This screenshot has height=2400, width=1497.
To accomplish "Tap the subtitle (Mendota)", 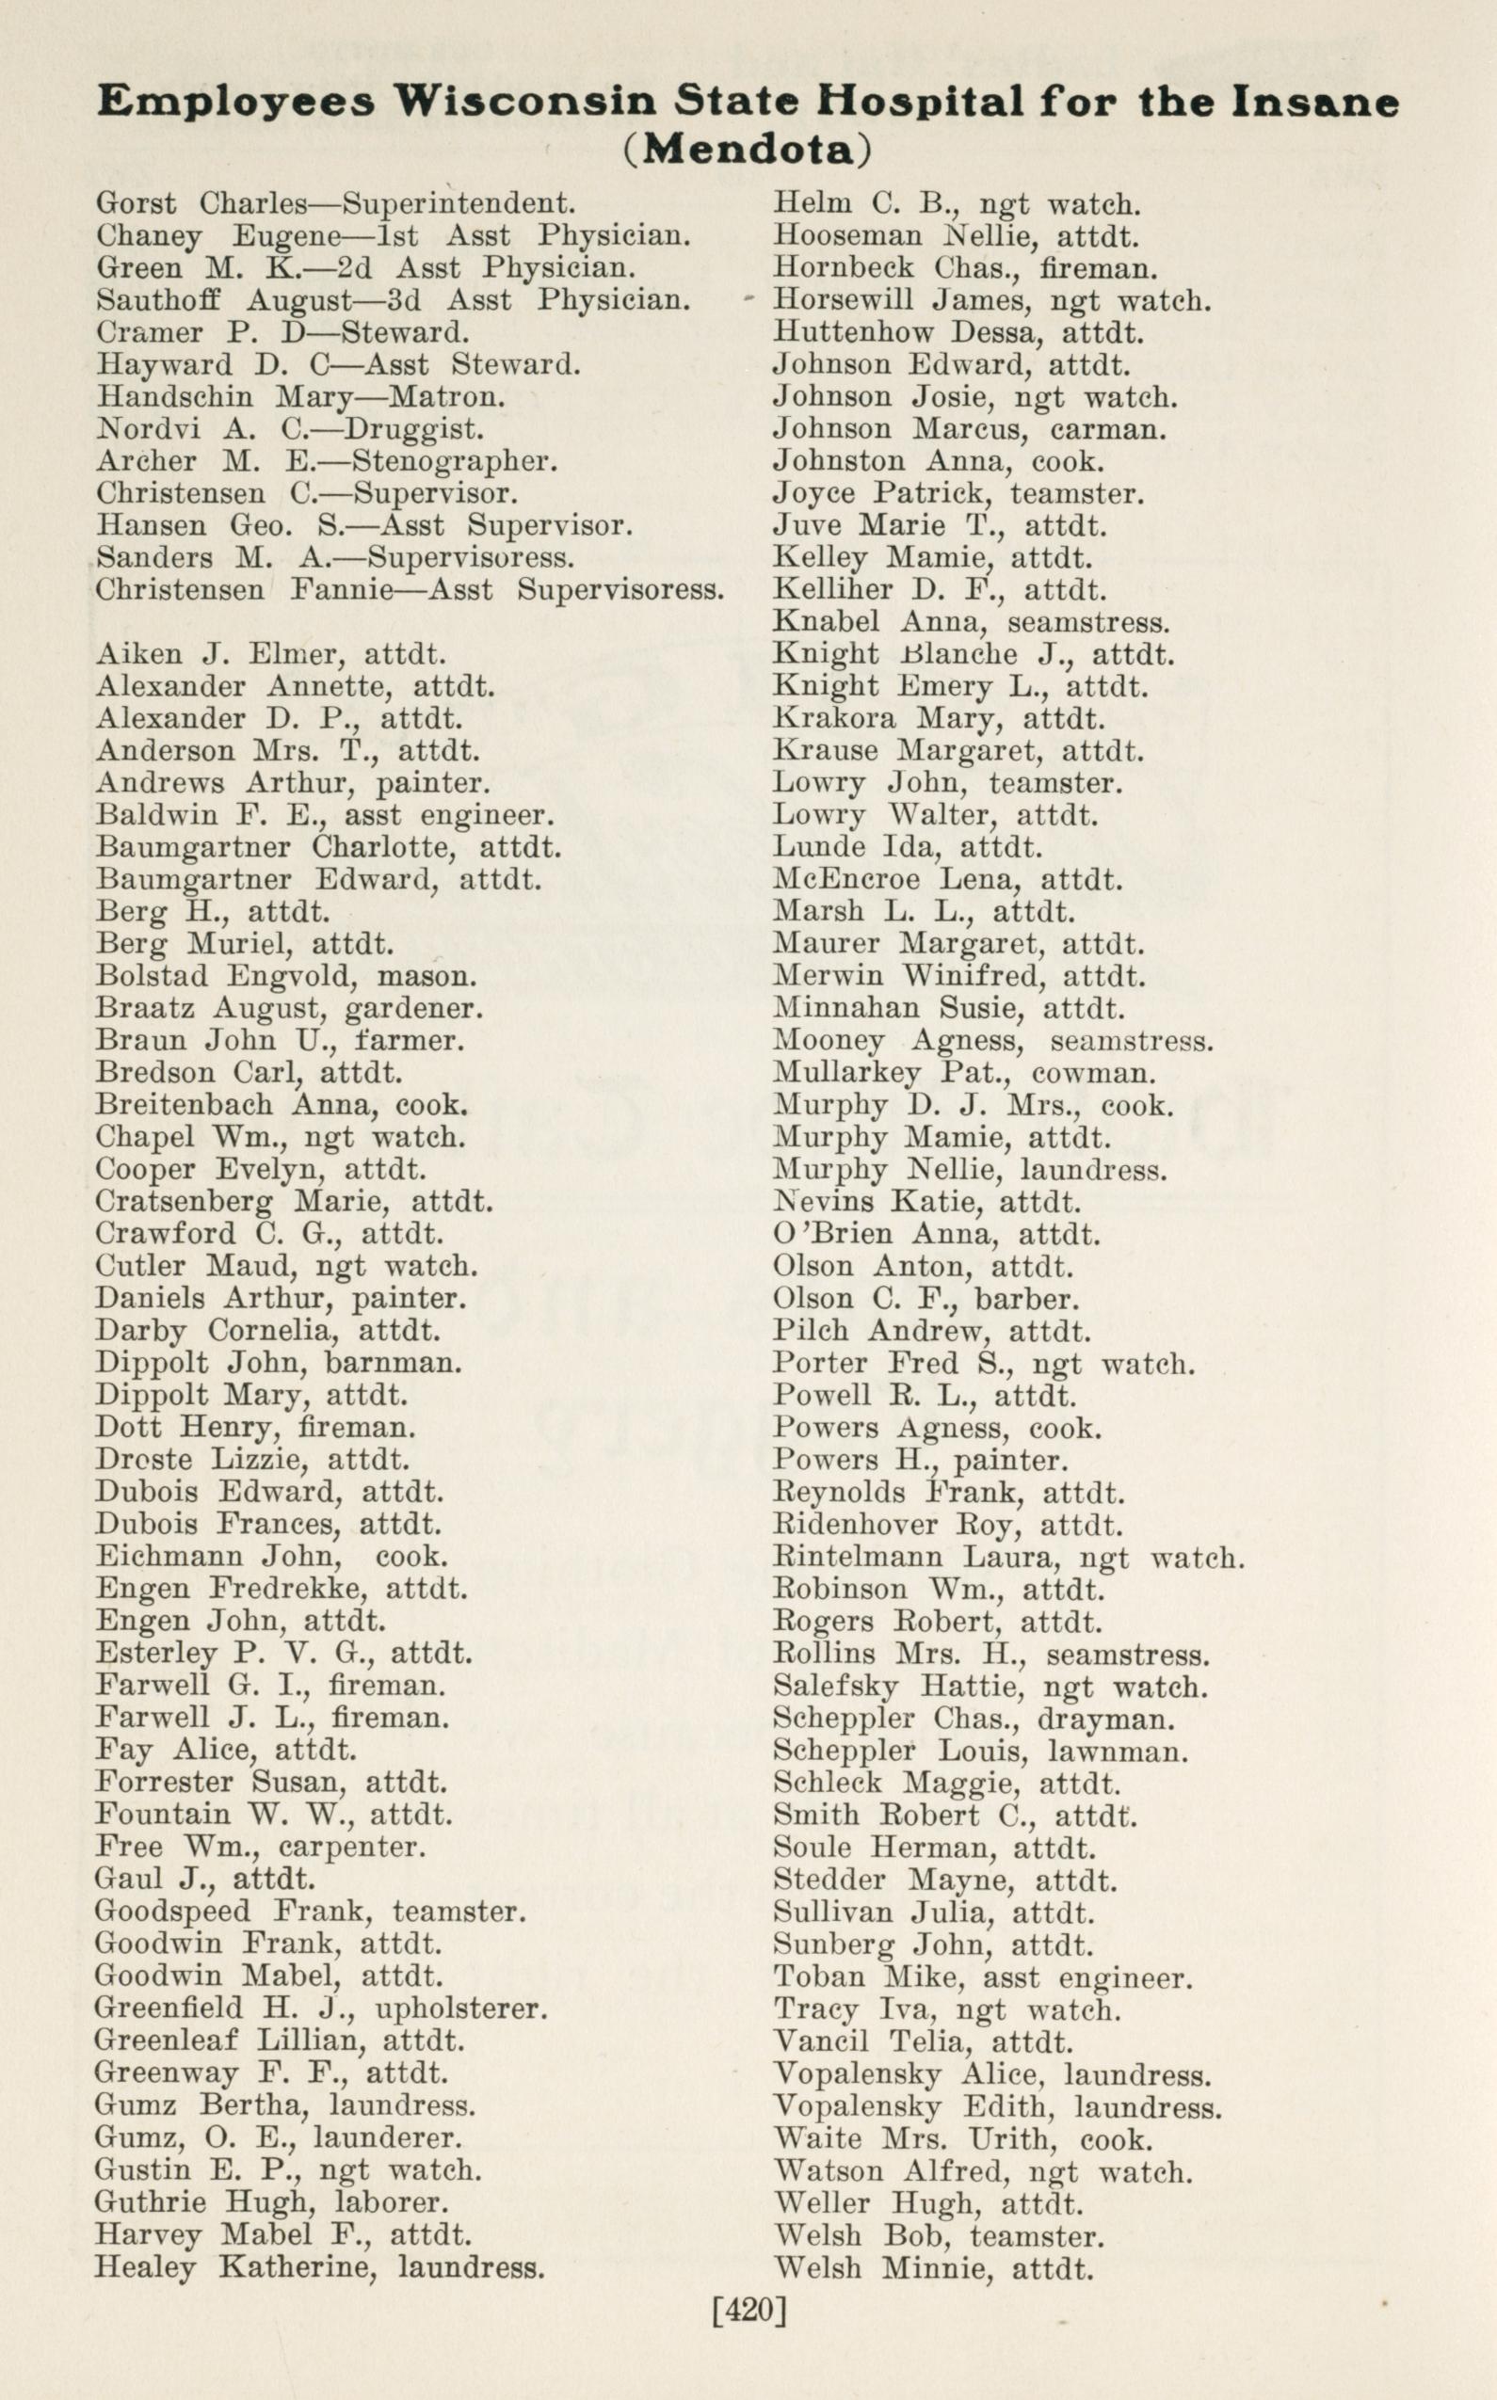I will point(748,149).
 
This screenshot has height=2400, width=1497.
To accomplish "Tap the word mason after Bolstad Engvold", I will point(427,976).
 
